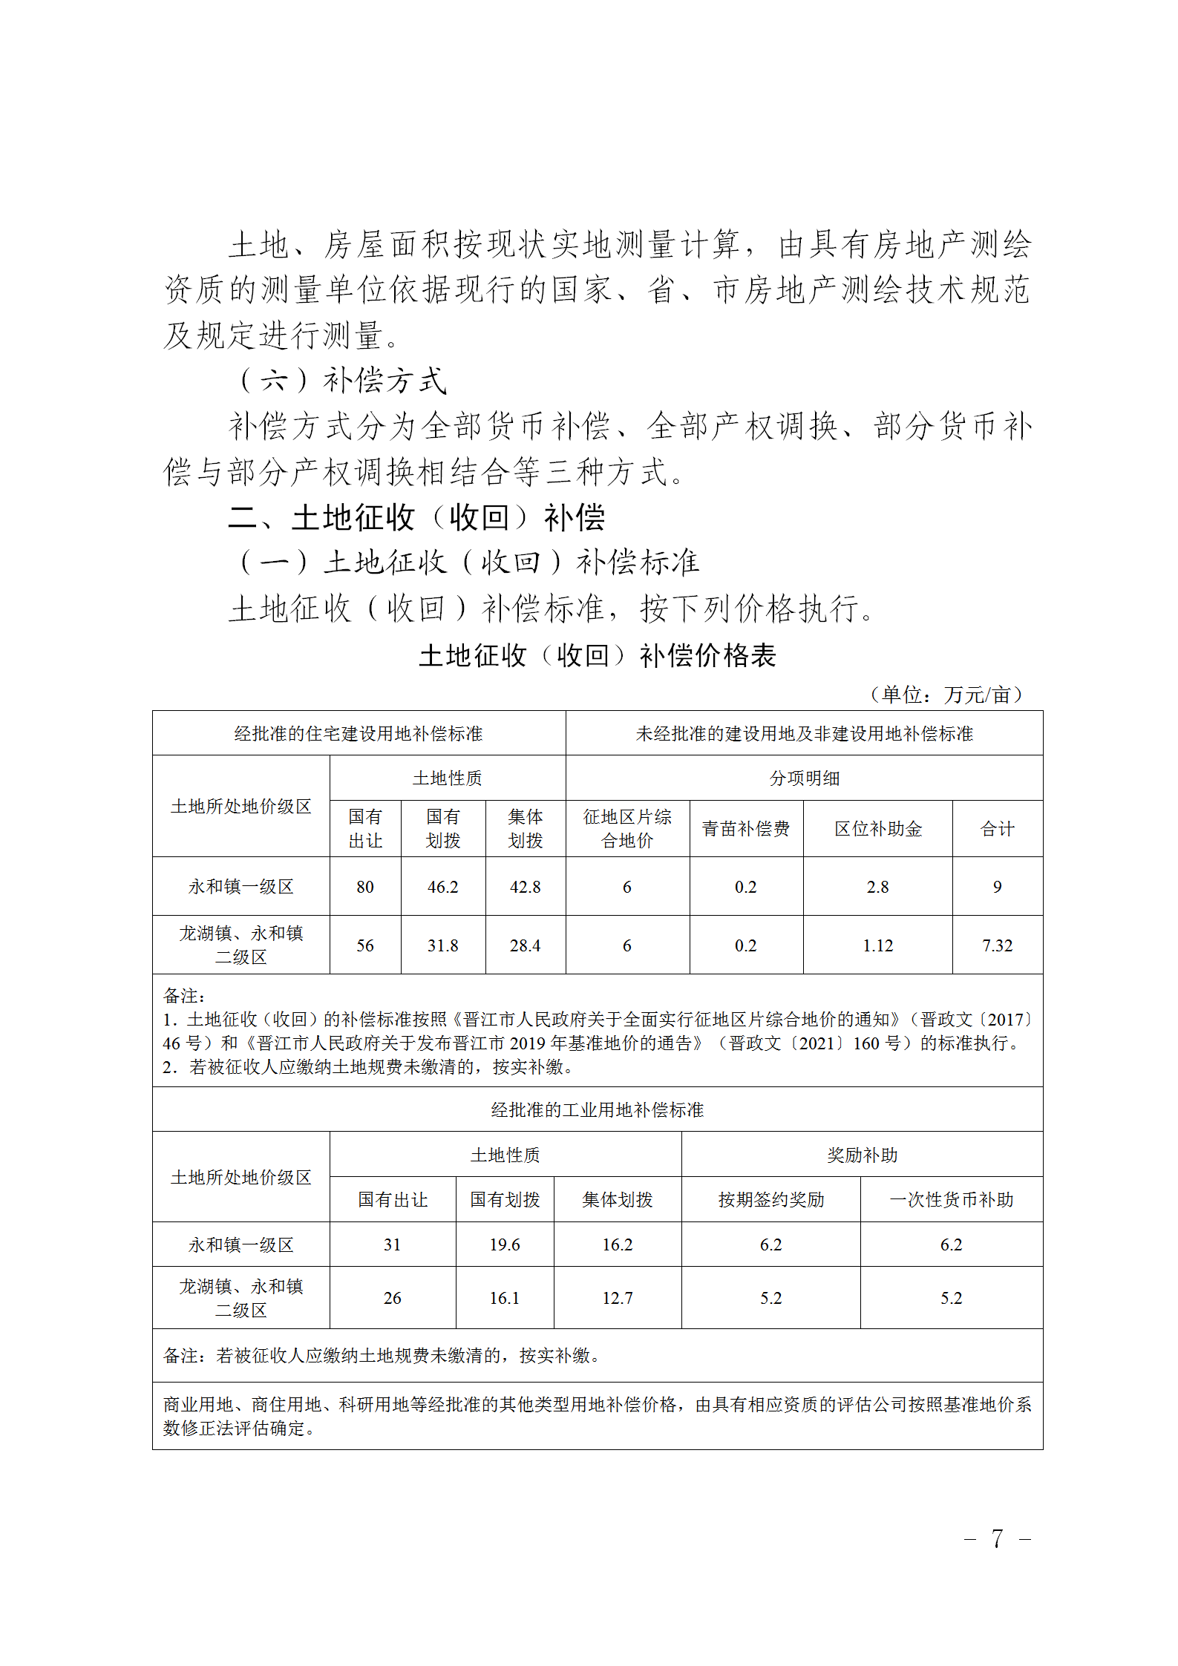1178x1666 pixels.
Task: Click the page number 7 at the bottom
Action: [x=997, y=1538]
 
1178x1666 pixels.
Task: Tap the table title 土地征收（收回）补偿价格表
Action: [x=597, y=655]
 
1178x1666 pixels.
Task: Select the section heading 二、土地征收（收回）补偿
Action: [x=416, y=517]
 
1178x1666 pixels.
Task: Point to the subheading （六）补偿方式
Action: [x=342, y=381]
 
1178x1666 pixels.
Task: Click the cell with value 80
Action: [x=364, y=887]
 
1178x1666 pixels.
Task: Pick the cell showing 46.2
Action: [x=442, y=887]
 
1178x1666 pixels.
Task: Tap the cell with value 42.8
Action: [x=525, y=887]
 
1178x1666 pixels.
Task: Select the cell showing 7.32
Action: [x=997, y=945]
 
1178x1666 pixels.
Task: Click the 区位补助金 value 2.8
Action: [x=877, y=887]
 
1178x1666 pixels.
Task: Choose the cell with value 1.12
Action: [x=877, y=945]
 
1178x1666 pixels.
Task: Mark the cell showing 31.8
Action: [x=442, y=945]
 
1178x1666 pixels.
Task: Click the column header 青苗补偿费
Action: [x=745, y=829]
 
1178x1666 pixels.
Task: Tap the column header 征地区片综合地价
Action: [x=627, y=829]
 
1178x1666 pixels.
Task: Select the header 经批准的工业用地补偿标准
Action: [x=597, y=1109]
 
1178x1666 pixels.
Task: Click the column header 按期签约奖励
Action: [x=770, y=1200]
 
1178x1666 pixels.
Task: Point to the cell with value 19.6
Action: [x=504, y=1244]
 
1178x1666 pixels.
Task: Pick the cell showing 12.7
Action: [x=617, y=1298]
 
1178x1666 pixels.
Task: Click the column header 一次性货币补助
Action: [x=951, y=1200]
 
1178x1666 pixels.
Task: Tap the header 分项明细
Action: [x=804, y=778]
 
